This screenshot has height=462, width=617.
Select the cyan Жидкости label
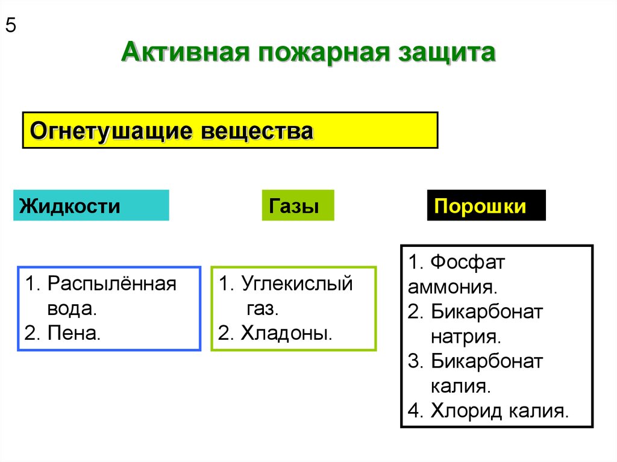(x=70, y=206)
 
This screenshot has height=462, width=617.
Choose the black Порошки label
(x=481, y=206)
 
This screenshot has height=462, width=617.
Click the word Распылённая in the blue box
(x=111, y=284)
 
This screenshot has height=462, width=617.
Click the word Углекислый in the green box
(x=296, y=284)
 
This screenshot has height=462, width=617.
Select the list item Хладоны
(x=286, y=334)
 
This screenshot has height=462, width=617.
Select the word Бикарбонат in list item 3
(x=487, y=361)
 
